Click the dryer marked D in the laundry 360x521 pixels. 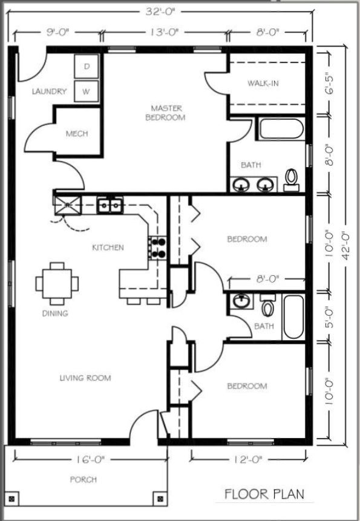(x=87, y=67)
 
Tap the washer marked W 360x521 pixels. (x=87, y=91)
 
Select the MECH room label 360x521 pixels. (x=77, y=134)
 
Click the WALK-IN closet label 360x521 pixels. (x=263, y=83)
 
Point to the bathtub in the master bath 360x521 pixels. (x=281, y=129)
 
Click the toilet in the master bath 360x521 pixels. (x=291, y=180)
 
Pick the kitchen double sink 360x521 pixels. (x=110, y=205)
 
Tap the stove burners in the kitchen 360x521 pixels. (x=157, y=248)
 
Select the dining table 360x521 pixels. (x=57, y=284)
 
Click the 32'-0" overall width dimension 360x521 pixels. (x=160, y=12)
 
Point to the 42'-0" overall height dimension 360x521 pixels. (x=345, y=246)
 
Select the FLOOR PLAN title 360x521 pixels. (x=264, y=494)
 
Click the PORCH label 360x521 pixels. (x=83, y=479)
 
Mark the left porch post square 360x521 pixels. (x=12, y=499)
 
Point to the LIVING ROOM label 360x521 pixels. (x=85, y=378)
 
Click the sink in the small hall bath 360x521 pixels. (x=240, y=301)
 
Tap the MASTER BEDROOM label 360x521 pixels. (x=166, y=113)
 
